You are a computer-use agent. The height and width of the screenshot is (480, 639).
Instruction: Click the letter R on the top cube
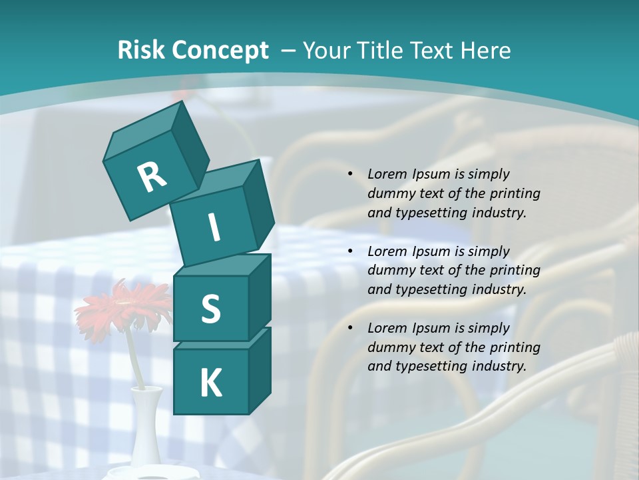152,177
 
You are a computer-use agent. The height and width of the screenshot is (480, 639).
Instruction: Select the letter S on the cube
210,309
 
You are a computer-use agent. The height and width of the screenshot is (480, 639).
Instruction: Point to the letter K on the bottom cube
210,383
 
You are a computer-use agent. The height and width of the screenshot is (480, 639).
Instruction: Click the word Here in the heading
485,50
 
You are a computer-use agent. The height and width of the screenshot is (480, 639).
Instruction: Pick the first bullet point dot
350,174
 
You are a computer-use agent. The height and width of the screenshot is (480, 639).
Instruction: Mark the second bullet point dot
350,251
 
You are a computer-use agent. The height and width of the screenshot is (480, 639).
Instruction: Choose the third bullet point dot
350,328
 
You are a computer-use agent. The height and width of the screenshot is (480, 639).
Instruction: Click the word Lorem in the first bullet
387,174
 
